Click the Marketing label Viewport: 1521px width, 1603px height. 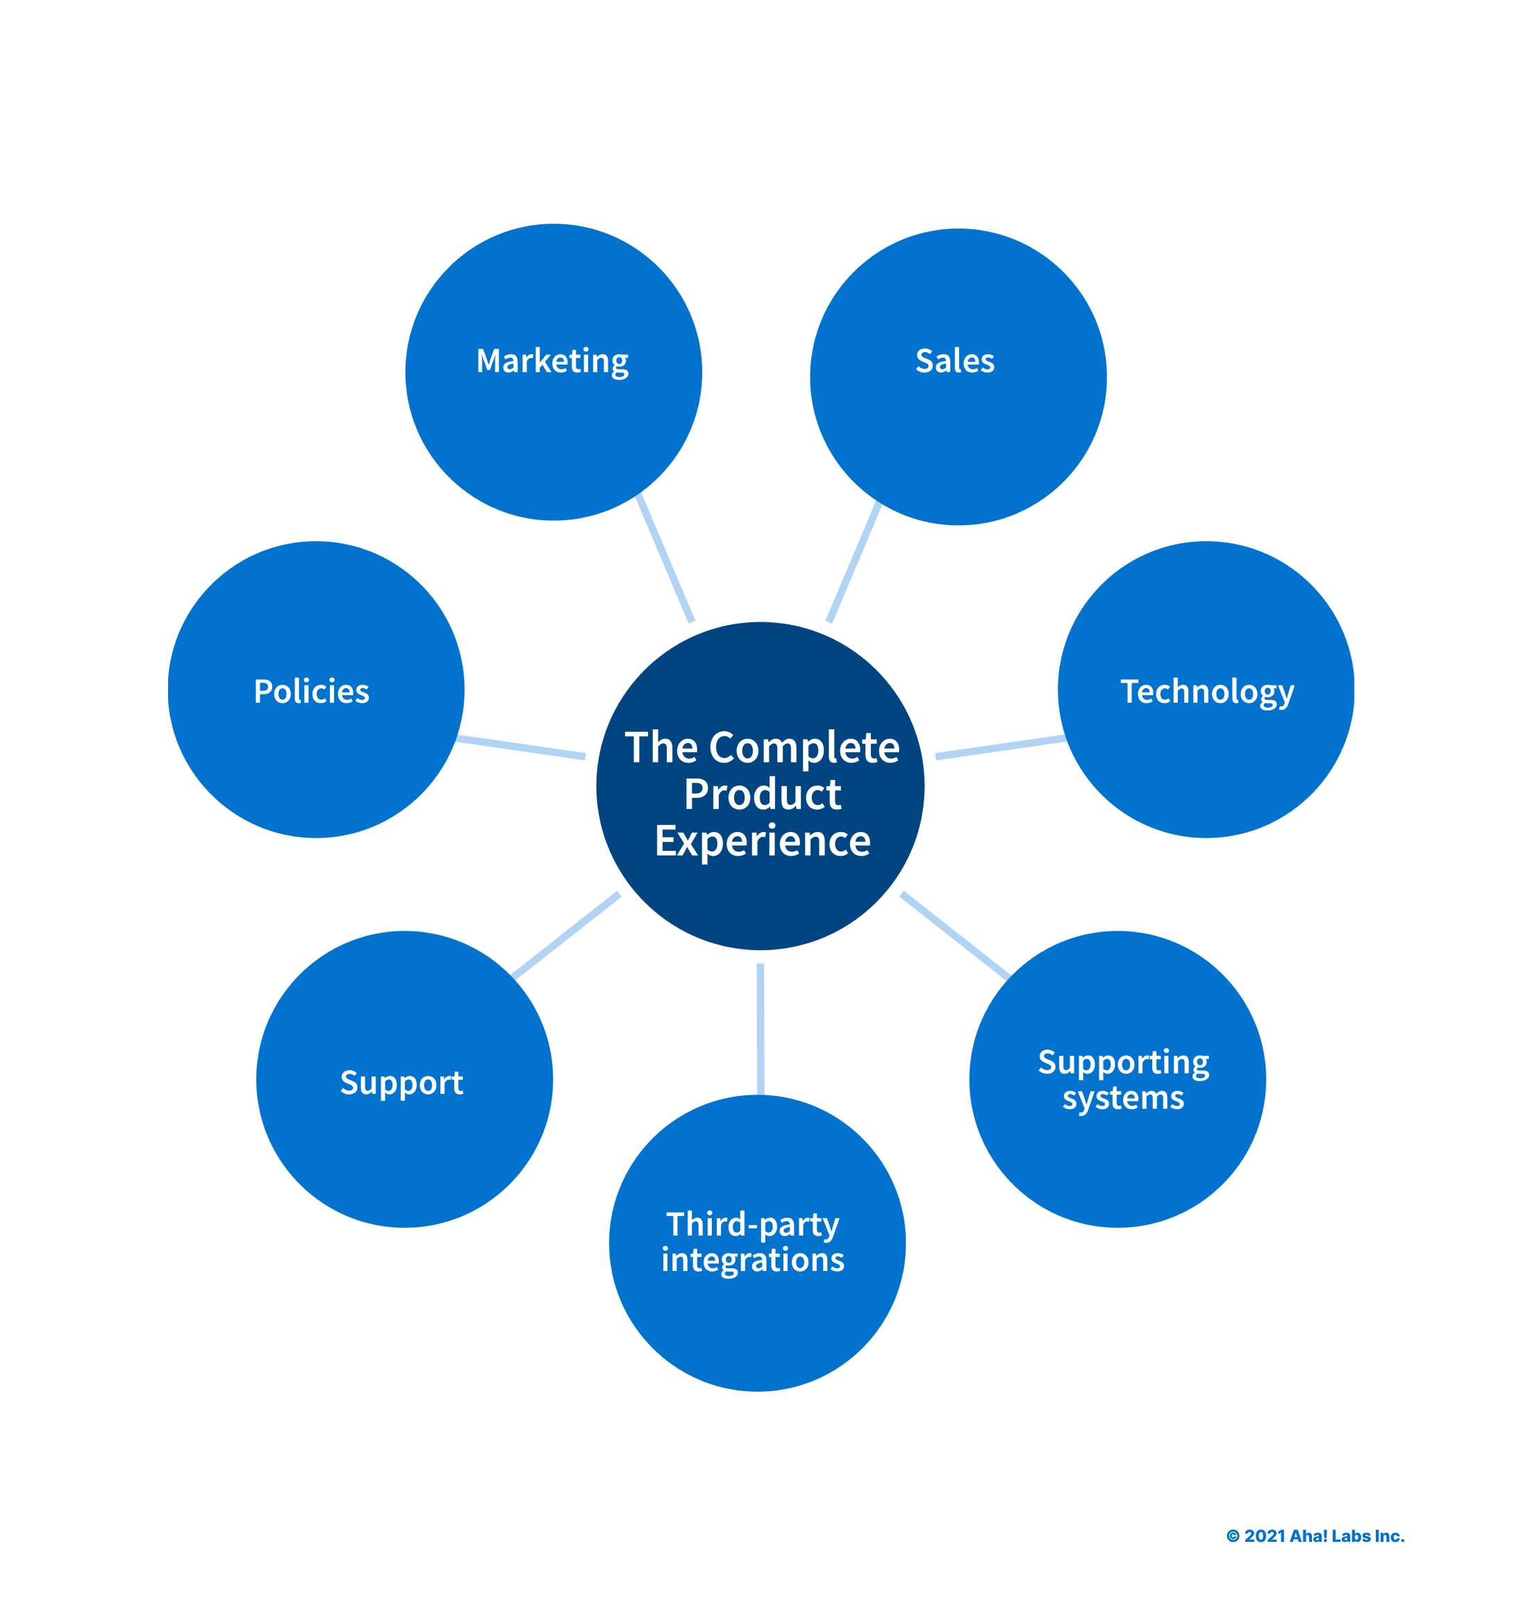point(552,361)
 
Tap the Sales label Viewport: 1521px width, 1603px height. point(954,361)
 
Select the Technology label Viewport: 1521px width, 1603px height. point(1206,692)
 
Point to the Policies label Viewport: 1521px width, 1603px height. point(311,692)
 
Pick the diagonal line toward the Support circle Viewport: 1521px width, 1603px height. point(566,936)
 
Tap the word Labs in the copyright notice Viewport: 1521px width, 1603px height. point(1351,1536)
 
